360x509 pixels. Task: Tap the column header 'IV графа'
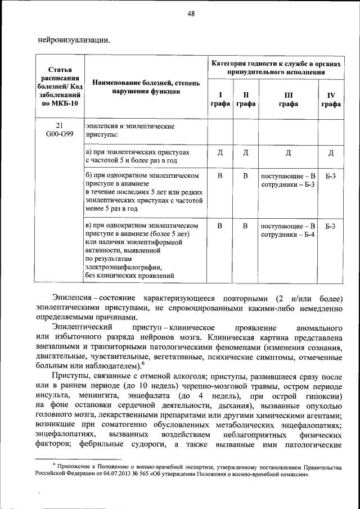pyautogui.click(x=331, y=100)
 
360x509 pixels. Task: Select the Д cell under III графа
pyautogui.click(x=289, y=152)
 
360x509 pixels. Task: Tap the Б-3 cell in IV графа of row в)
pyautogui.click(x=331, y=226)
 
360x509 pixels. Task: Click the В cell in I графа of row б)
pyautogui.click(x=220, y=176)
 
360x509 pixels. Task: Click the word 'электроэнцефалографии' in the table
pyautogui.click(x=124, y=267)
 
